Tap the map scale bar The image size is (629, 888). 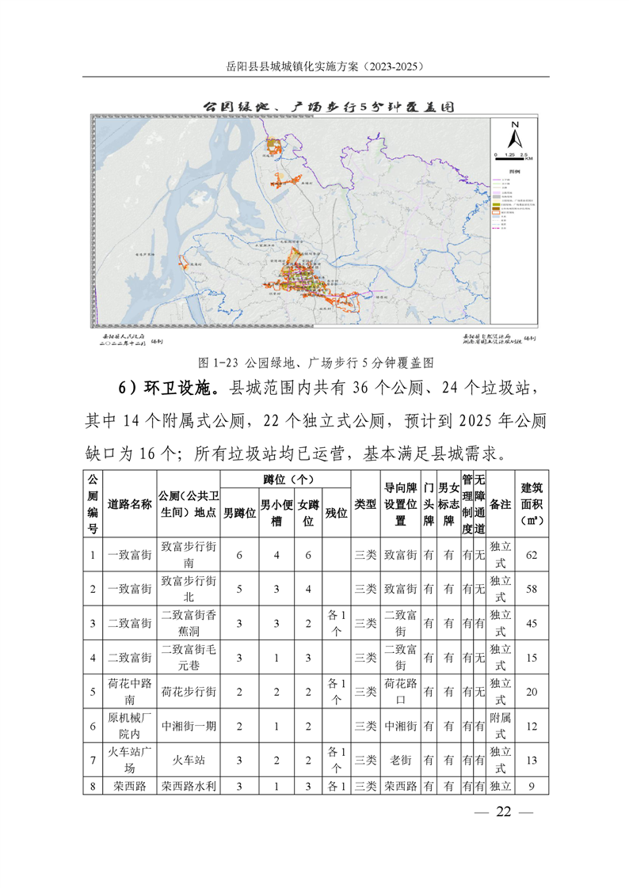[513, 153]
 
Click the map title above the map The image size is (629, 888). [314, 105]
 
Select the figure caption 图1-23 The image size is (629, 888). [314, 362]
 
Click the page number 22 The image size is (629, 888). [504, 812]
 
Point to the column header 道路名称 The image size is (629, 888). [129, 504]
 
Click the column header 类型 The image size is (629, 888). [365, 504]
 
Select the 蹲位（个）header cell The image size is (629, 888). [285, 480]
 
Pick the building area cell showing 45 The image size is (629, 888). [532, 624]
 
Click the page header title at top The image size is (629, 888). [314, 66]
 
